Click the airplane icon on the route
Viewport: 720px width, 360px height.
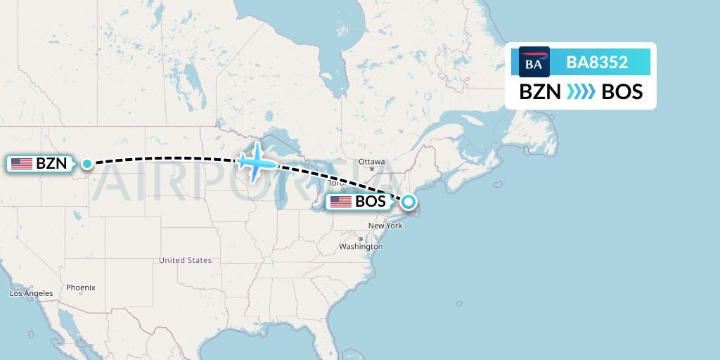point(257,161)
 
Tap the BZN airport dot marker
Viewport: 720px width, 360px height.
point(86,164)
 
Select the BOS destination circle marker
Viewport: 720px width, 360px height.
point(409,202)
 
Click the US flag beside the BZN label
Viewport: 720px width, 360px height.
point(22,164)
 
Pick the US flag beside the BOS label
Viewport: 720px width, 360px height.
point(341,202)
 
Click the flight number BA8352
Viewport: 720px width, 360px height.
point(597,63)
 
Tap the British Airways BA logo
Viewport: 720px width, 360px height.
point(534,63)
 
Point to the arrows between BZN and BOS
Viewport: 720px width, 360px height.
point(581,92)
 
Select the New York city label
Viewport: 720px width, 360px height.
point(385,226)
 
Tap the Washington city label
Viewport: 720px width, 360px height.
point(360,247)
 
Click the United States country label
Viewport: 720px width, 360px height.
point(185,260)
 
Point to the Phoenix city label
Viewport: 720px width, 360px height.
point(81,288)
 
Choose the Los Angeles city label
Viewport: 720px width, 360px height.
point(31,293)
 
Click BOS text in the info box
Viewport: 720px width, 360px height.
point(622,92)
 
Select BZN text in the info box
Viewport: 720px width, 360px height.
point(540,92)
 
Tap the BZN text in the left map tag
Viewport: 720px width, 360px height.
point(51,164)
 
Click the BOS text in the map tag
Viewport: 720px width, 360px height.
point(371,202)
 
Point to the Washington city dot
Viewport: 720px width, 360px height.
point(360,240)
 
